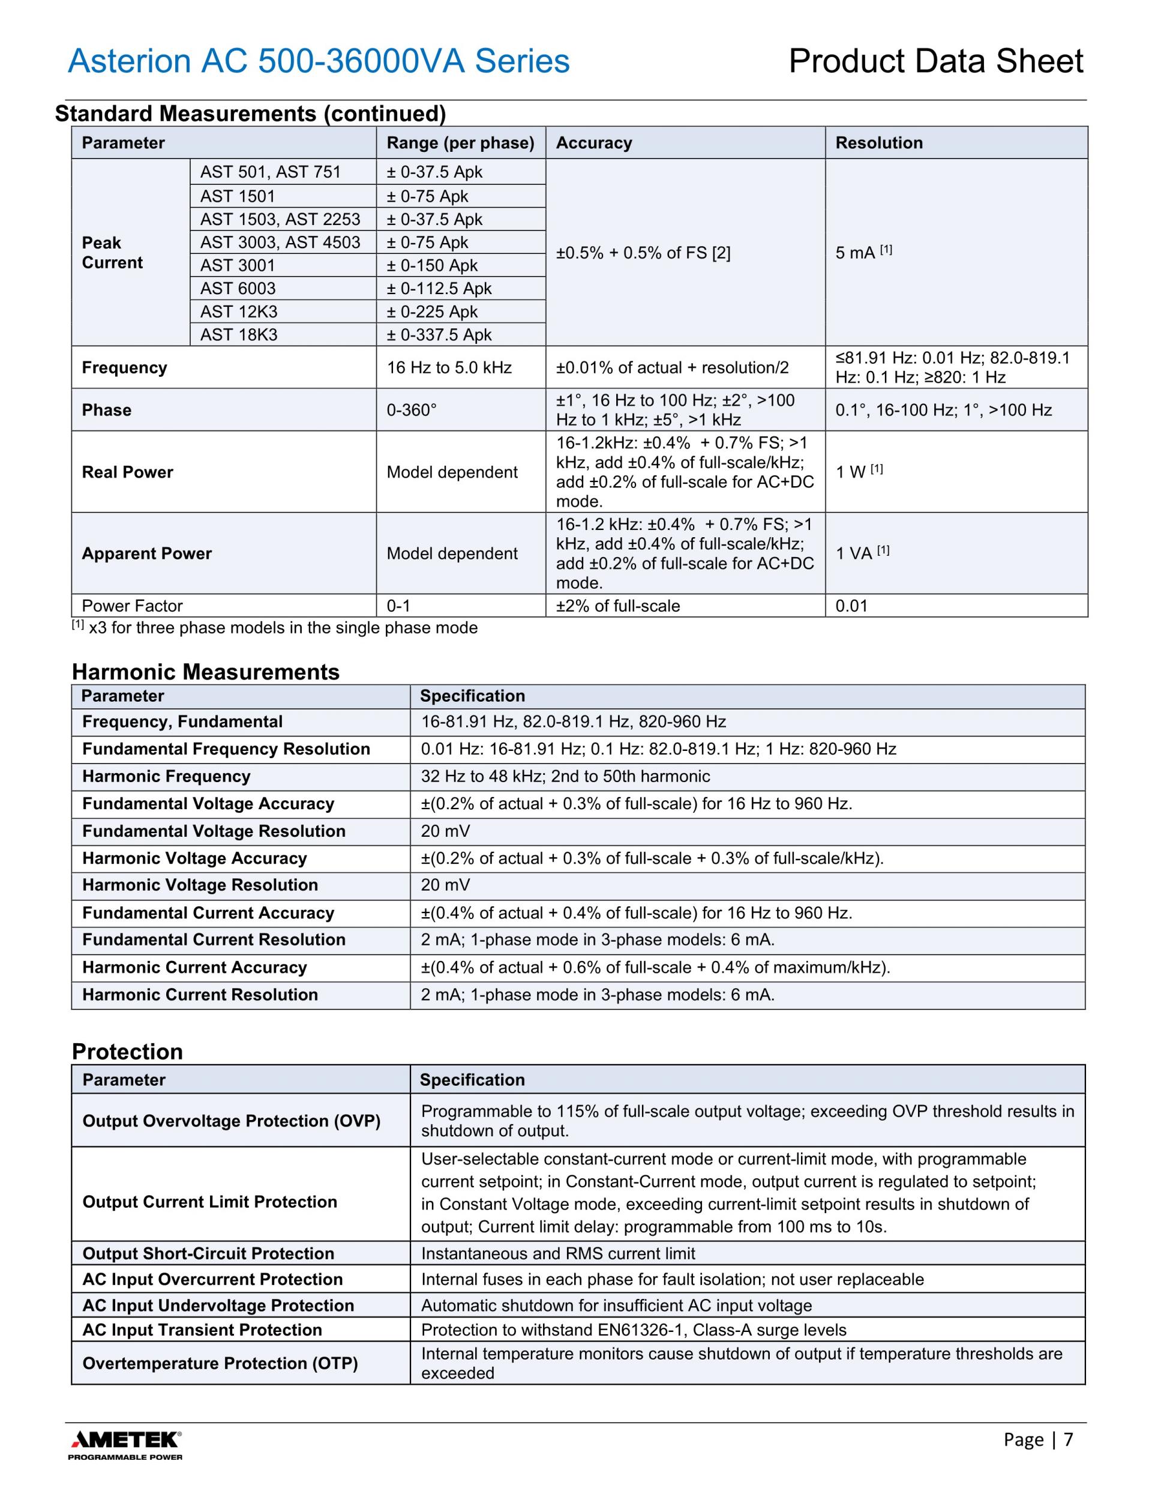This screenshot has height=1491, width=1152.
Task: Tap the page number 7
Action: (1068, 1439)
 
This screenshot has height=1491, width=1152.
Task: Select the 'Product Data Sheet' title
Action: (935, 61)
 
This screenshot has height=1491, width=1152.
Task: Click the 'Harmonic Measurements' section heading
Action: (205, 672)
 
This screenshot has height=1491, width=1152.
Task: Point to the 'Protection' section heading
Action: (128, 1052)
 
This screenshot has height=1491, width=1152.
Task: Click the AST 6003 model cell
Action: (238, 289)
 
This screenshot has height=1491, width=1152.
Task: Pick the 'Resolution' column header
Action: (878, 143)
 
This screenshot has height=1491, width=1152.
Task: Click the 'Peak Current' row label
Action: (112, 253)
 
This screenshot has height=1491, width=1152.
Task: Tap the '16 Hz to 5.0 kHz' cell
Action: (449, 368)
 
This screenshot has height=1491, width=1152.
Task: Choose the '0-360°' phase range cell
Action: (412, 411)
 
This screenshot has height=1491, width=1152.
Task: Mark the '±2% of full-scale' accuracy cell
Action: (617, 606)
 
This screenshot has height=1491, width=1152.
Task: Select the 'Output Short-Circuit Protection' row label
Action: (208, 1254)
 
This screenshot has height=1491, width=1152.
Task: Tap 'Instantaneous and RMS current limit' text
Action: (557, 1254)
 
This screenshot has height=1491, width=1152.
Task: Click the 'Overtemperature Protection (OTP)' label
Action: (220, 1363)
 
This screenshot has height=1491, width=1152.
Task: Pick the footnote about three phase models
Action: (274, 628)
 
